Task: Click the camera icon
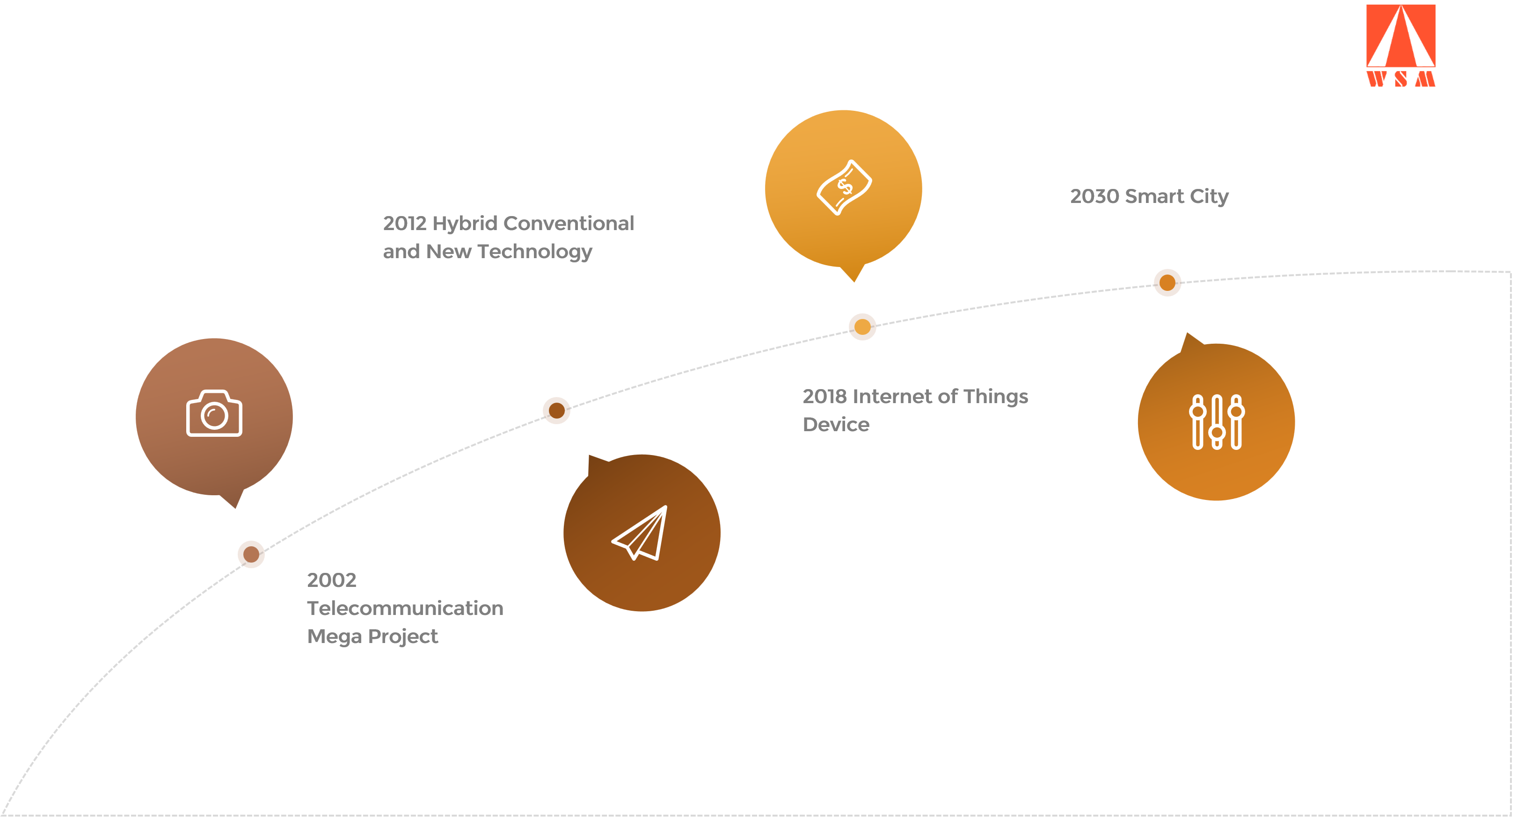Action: tap(214, 413)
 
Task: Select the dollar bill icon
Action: tap(844, 187)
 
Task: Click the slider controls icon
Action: tap(1217, 422)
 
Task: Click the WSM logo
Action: tap(1400, 46)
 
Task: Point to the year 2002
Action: tap(332, 580)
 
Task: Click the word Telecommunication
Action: tap(404, 608)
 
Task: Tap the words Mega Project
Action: tap(372, 636)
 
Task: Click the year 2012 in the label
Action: tap(404, 224)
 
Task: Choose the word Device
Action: tap(836, 424)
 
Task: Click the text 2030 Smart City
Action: tap(1149, 196)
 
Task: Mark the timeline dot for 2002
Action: tap(251, 554)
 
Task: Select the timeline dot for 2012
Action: tap(556, 410)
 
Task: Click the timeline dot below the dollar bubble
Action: tap(862, 327)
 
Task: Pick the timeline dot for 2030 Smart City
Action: tap(1167, 282)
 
